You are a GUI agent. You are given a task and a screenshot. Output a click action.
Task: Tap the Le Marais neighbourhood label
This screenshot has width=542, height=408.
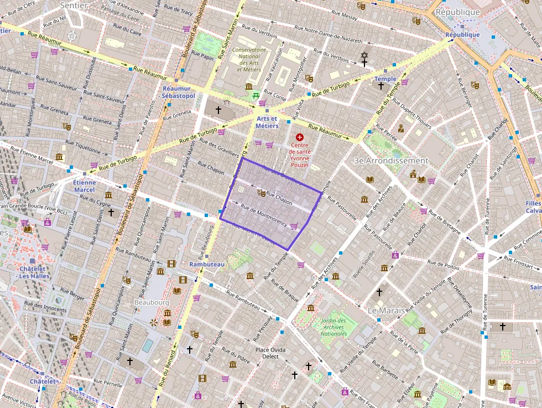[x=388, y=311]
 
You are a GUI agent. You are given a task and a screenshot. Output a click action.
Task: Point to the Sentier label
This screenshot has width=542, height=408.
[x=74, y=5]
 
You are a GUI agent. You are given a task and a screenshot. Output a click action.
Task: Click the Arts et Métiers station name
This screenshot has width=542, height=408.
[x=267, y=122]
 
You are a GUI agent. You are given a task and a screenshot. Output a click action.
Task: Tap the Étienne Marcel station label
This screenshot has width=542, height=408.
[x=84, y=186]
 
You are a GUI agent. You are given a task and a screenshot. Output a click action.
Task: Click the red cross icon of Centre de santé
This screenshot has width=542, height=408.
[x=300, y=137]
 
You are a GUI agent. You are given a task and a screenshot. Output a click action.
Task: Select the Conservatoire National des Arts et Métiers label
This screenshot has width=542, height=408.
[x=249, y=59]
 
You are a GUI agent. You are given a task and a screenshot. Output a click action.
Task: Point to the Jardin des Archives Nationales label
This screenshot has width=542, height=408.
[x=333, y=327]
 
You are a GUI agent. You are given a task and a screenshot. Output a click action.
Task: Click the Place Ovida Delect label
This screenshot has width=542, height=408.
[x=270, y=353]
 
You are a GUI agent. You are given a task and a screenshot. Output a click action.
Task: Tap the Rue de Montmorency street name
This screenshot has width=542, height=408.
[x=264, y=217]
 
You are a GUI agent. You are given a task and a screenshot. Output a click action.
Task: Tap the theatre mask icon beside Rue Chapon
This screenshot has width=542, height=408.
[x=261, y=193]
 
